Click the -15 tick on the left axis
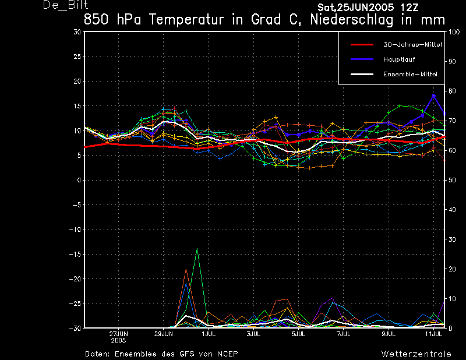[76, 255]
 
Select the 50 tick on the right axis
[451, 181]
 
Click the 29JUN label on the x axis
[164, 334]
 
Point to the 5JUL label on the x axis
[298, 334]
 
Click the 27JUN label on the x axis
[119, 334]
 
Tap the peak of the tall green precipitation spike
[197, 249]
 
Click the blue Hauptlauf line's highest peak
[433, 95]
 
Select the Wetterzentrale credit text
[416, 354]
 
